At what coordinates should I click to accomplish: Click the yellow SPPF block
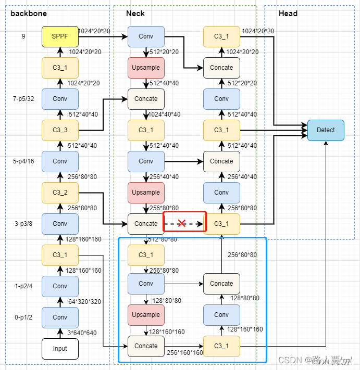(60, 36)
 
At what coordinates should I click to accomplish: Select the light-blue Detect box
(326, 130)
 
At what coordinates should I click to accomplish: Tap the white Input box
(60, 349)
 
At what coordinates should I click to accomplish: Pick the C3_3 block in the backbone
(60, 130)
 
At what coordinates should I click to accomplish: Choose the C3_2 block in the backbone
(60, 193)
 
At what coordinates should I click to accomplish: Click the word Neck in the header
(135, 13)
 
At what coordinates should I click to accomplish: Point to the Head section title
(288, 13)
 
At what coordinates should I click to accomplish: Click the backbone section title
(29, 13)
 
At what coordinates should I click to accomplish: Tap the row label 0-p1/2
(23, 317)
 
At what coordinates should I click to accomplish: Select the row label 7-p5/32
(23, 98)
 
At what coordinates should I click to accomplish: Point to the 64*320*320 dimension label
(85, 302)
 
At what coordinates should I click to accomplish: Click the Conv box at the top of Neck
(146, 36)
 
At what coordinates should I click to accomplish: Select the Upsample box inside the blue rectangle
(146, 315)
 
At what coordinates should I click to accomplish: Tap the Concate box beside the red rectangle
(146, 224)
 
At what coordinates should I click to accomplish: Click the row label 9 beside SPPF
(23, 36)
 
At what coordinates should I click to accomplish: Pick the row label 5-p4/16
(23, 161)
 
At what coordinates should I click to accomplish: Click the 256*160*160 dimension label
(185, 353)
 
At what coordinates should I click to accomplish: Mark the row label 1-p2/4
(23, 286)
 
